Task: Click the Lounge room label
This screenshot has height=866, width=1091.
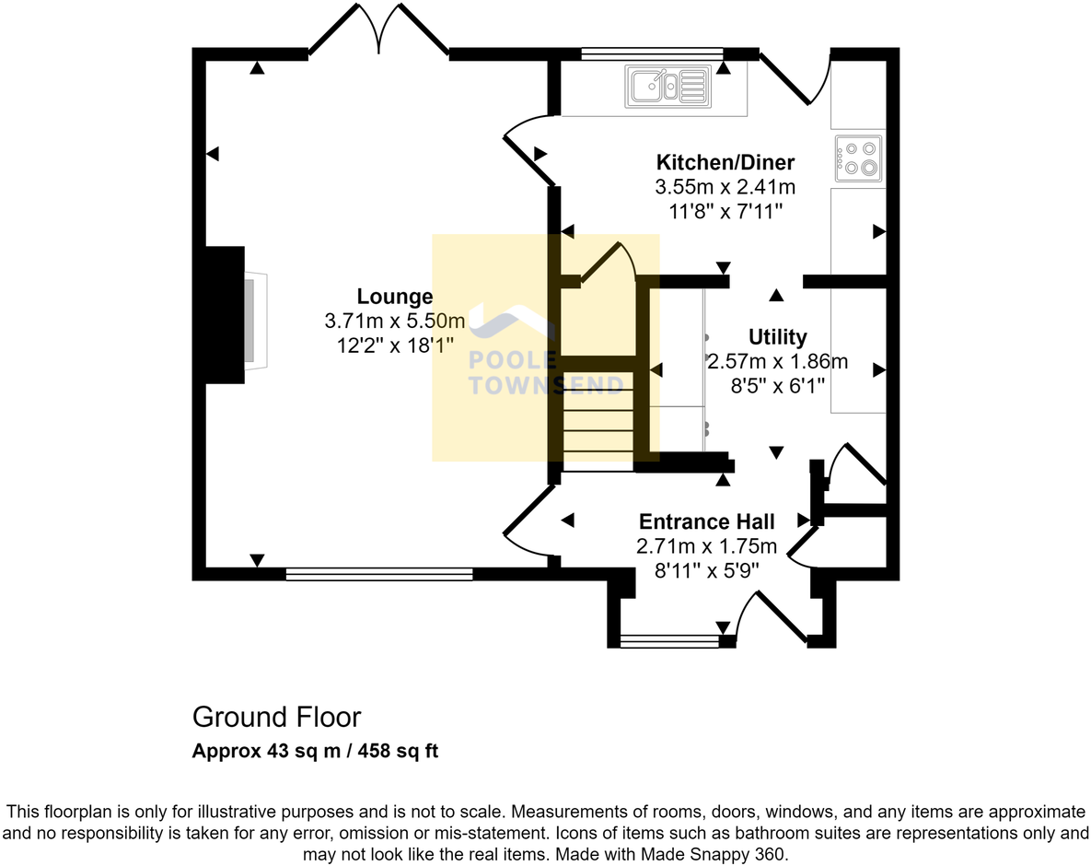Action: pos(394,297)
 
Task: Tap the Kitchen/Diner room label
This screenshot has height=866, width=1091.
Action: pos(725,163)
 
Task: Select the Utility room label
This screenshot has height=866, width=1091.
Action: pos(777,337)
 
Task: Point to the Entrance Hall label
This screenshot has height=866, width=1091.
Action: pos(706,521)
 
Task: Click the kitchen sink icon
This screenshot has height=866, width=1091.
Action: pos(667,86)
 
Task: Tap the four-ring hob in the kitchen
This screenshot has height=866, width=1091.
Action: pos(858,158)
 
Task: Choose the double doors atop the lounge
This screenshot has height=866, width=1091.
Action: pos(378,32)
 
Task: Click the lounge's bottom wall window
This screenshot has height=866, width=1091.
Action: pos(378,574)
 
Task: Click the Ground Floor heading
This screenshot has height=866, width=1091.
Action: pos(276,717)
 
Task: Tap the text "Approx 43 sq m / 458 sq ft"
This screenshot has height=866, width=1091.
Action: pos(315,751)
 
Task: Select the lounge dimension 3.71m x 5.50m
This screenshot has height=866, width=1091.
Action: pos(394,322)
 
